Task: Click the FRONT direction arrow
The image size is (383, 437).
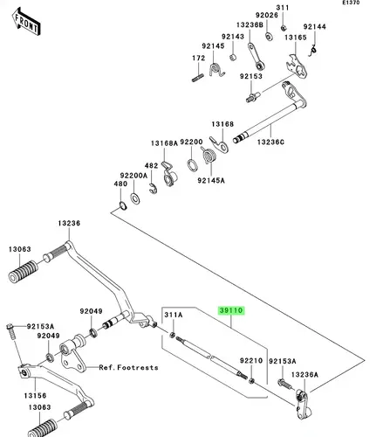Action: (26, 22)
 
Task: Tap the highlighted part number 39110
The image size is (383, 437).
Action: (231, 310)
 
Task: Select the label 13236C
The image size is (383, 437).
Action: (270, 142)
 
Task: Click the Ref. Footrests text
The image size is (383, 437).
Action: (128, 367)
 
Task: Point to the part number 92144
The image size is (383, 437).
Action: (315, 27)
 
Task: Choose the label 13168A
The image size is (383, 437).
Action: (164, 143)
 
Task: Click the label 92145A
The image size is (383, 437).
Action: (211, 181)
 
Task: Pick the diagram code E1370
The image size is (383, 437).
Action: (351, 3)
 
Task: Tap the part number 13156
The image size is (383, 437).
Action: (35, 396)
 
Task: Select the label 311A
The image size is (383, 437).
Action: (174, 315)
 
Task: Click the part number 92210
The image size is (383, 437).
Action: (251, 361)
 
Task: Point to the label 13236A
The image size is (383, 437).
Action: (304, 375)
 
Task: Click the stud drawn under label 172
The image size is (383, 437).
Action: (198, 78)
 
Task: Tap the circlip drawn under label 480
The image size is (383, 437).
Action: (123, 205)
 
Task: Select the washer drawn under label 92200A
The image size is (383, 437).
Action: (135, 198)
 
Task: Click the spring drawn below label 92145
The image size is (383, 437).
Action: (216, 70)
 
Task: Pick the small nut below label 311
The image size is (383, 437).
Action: (284, 28)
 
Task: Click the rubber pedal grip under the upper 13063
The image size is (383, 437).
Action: (24, 272)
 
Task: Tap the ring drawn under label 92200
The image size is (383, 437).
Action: (192, 165)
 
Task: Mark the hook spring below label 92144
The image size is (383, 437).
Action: (312, 51)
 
